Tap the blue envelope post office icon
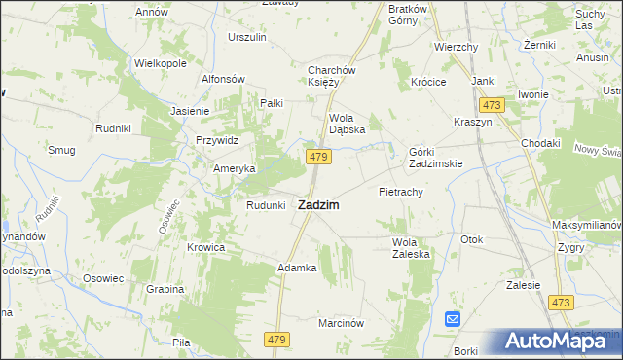click(453, 318)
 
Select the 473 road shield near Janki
click(490, 104)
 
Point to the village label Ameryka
click(235, 167)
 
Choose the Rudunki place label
click(266, 205)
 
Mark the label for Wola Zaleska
click(411, 247)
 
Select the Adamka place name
click(298, 268)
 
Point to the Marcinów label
click(341, 323)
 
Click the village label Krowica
click(206, 247)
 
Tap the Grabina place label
click(165, 289)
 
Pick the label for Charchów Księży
click(336, 76)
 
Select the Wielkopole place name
click(160, 62)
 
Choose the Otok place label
click(472, 239)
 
